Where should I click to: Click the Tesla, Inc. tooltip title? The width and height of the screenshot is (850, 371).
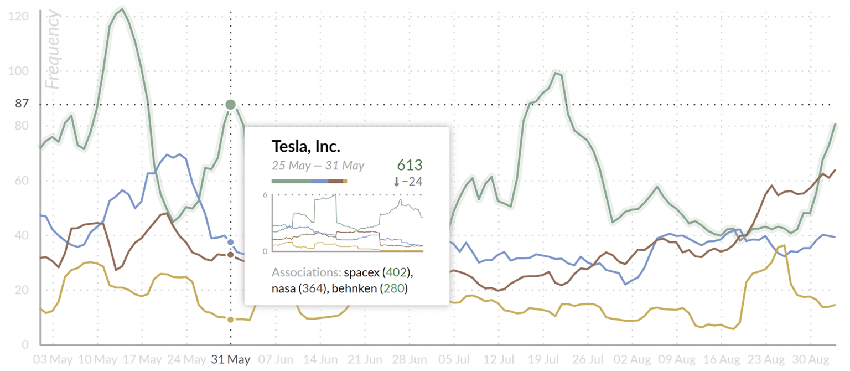305,147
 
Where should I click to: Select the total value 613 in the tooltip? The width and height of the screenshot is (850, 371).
410,165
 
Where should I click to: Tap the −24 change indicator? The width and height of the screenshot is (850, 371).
408,182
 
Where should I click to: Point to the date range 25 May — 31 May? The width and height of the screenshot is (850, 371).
318,166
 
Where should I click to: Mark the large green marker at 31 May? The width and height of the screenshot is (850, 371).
231,104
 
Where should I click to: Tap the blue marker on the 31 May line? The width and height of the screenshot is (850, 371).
231,242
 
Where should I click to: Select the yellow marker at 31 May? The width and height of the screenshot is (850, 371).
231,320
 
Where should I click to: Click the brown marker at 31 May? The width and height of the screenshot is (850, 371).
231,255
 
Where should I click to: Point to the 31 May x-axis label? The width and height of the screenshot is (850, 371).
231,360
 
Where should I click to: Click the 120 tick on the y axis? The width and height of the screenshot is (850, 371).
18,17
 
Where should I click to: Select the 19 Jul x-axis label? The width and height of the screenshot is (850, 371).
544,360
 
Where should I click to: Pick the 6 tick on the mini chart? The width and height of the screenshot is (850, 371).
266,195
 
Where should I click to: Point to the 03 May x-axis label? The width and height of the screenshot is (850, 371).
53,360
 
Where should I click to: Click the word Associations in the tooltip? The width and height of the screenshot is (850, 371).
305,273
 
